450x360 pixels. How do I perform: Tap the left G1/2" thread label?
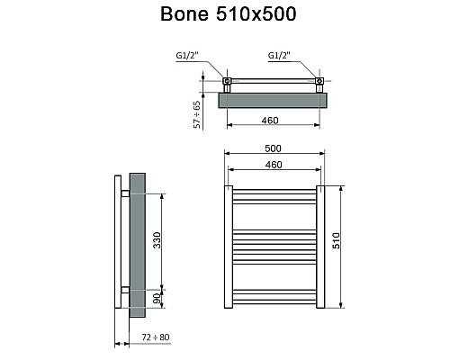coord(188,56)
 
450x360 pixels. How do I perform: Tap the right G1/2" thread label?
coord(280,56)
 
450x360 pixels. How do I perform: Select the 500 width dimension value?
coord(274,148)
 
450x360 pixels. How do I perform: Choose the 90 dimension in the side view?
coord(156,298)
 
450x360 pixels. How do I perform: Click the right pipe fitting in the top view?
coord(319,84)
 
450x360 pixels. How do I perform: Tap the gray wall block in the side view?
coord(137,243)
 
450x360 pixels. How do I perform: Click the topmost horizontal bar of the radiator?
coord(274,190)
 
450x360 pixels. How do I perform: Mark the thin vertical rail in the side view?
coord(118,243)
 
